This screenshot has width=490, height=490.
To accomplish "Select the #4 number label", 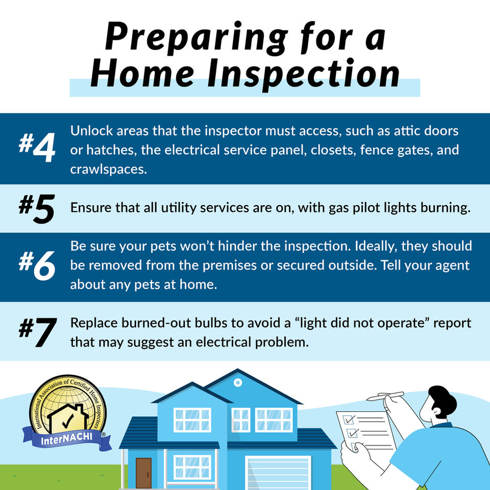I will coord(37,148).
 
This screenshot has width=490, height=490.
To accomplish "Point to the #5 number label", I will coord(37,209).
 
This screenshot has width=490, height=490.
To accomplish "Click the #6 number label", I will coord(37,266).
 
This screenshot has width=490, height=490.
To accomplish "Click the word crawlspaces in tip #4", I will coord(108,170).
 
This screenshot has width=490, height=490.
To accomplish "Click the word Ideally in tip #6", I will coord(374,247).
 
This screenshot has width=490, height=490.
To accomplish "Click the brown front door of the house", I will coord(143,474).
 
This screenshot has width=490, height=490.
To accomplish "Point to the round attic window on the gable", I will coord(237,382).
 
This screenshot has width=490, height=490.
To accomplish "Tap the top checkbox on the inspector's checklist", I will coord(349,419).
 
